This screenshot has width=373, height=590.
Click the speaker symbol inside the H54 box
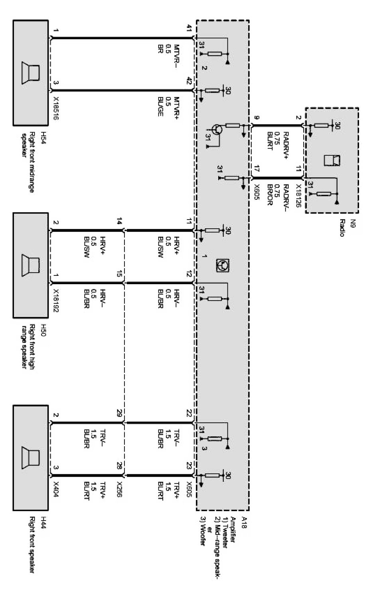click(x=31, y=73)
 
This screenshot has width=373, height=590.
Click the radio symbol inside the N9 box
click(x=332, y=160)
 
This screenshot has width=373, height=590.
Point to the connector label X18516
click(x=56, y=108)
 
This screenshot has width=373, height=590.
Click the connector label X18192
click(x=56, y=300)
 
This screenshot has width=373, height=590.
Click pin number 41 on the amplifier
click(x=189, y=28)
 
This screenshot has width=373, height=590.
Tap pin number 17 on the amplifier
click(x=257, y=169)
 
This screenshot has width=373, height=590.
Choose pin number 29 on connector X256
click(x=119, y=413)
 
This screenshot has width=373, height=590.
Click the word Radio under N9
click(x=342, y=228)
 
